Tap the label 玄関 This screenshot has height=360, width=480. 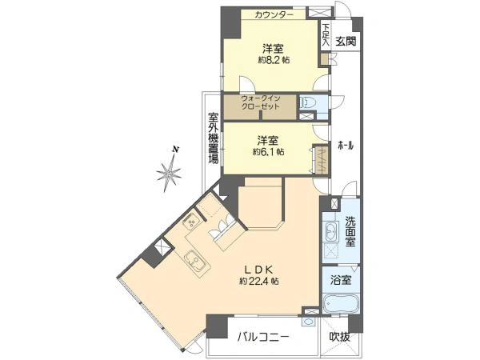coord(345,42)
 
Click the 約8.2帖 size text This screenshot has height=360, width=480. coord(272,60)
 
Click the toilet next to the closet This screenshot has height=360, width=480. coord(307,102)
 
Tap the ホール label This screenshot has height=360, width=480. coord(346,146)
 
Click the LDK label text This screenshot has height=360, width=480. coord(258,269)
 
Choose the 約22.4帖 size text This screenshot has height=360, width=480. coord(258,281)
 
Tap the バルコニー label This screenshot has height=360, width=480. coord(262,338)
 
